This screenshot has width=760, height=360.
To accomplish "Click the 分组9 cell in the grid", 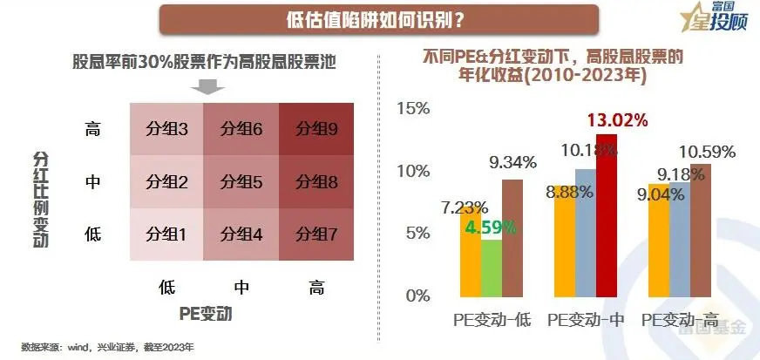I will [x=316, y=128].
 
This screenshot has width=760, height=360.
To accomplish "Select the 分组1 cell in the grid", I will [x=166, y=234].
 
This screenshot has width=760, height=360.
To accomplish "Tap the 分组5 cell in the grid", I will [x=241, y=181].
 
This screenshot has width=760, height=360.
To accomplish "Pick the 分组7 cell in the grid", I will [x=316, y=234].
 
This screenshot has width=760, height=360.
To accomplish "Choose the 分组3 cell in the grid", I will [x=166, y=128].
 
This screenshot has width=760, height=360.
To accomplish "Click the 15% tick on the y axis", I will [x=413, y=109].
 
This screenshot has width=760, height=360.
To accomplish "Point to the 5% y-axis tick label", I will [x=417, y=233].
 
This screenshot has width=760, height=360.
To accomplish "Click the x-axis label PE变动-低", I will [x=492, y=320].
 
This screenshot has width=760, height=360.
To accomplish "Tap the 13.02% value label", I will [x=616, y=120].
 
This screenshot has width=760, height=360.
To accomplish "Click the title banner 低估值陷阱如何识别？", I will [x=379, y=19].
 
